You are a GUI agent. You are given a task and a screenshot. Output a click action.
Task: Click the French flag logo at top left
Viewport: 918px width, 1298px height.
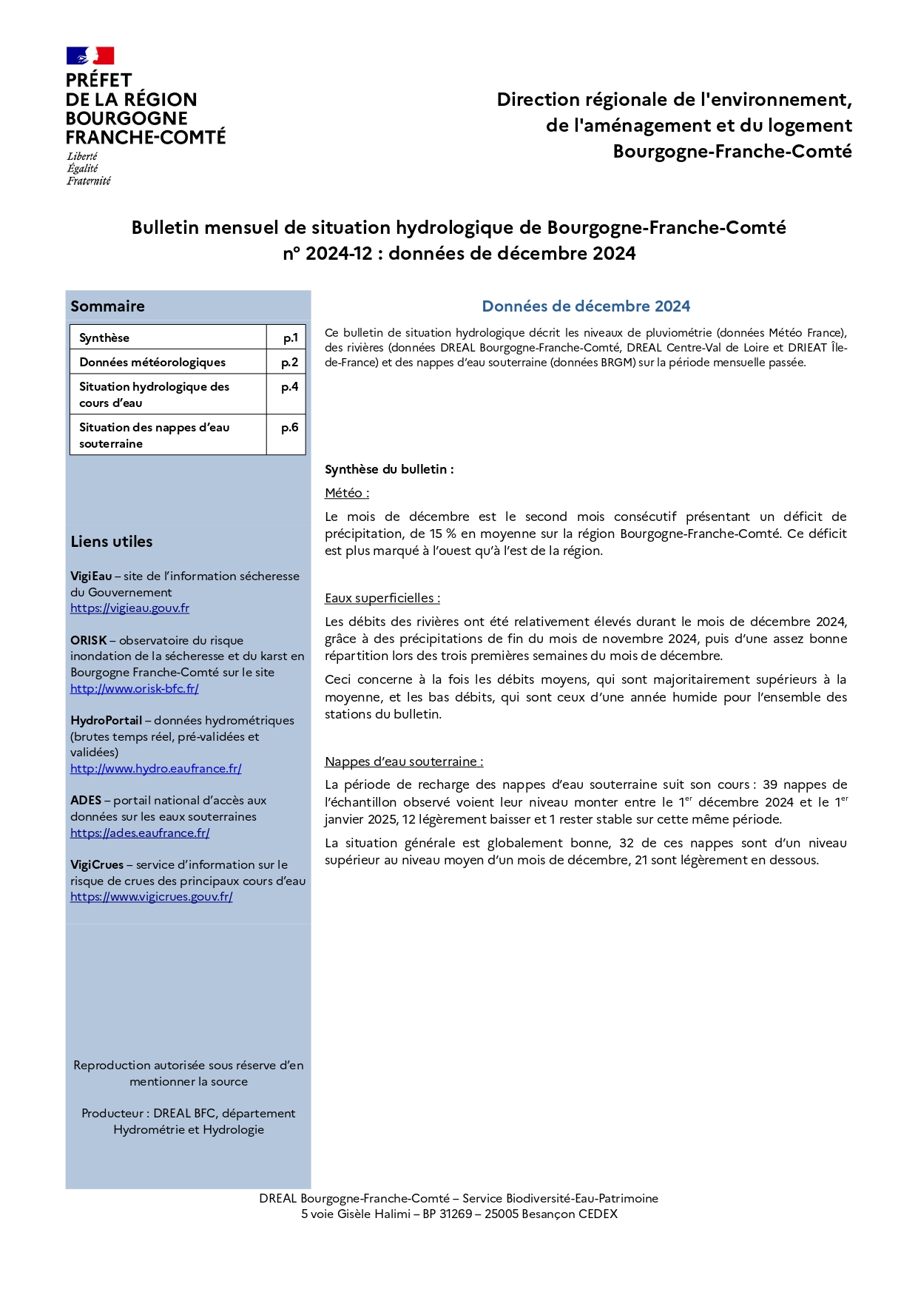tap(90, 56)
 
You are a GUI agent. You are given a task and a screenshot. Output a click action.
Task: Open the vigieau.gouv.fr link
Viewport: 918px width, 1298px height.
tap(129, 608)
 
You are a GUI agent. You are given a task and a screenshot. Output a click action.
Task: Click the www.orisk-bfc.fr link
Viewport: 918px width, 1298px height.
tap(134, 689)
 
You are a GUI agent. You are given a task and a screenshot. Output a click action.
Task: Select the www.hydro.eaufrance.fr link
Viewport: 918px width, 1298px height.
tap(155, 769)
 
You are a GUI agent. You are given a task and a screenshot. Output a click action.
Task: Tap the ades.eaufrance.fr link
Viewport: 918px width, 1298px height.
tap(140, 833)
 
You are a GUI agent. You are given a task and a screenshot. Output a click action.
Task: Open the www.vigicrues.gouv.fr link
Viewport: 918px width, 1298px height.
tap(151, 897)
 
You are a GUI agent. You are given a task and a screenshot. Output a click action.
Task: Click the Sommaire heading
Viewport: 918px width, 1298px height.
tap(107, 306)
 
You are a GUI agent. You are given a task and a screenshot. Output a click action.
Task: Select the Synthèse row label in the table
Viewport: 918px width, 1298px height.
tap(104, 338)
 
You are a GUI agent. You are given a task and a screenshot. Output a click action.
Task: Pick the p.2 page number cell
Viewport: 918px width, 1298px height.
tap(289, 363)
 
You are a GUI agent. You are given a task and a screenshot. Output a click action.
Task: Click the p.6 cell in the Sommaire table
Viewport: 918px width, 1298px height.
tap(289, 428)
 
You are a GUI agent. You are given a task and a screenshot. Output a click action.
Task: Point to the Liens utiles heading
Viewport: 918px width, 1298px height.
tap(112, 542)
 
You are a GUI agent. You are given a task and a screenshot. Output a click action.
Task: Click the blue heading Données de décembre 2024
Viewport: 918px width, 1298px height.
tap(586, 306)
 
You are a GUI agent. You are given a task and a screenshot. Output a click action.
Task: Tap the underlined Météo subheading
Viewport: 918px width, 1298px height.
tap(346, 494)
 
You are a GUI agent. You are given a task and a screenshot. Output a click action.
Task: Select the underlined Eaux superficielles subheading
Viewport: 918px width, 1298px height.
tap(382, 599)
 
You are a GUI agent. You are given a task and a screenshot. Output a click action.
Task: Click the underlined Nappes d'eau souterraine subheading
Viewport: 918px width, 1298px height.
tap(403, 762)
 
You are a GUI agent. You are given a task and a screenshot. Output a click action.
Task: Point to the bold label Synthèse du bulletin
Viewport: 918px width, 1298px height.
tap(389, 470)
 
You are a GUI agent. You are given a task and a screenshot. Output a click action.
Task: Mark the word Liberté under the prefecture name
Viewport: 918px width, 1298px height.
tap(82, 157)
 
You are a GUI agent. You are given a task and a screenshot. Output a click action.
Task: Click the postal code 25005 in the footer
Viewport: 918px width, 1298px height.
tap(502, 1214)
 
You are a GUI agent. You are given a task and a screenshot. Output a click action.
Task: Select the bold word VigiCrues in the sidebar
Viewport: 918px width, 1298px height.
tap(97, 865)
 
